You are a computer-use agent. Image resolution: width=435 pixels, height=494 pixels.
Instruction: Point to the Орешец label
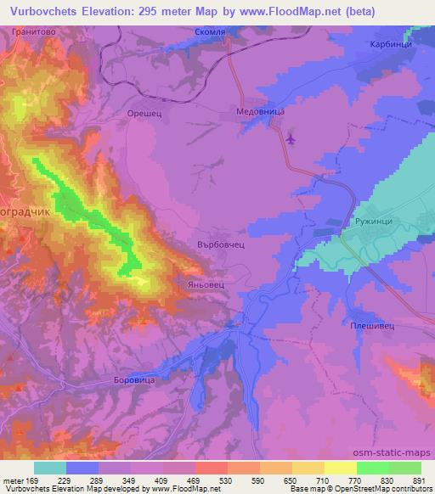click(143, 111)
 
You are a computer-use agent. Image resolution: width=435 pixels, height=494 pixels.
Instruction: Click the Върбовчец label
click(221, 244)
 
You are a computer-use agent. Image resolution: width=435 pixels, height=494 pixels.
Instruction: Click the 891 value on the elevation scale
click(417, 480)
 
